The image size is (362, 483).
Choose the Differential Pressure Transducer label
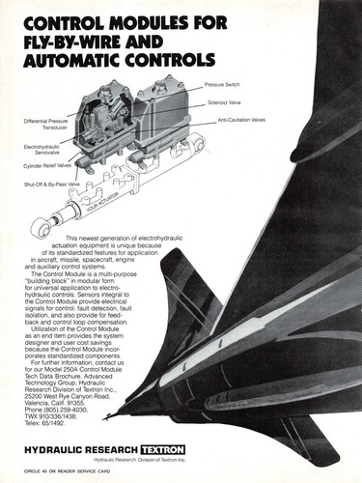pos(45,124)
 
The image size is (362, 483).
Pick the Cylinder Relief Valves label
pos(48,165)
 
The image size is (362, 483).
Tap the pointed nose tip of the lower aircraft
pos(110,415)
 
